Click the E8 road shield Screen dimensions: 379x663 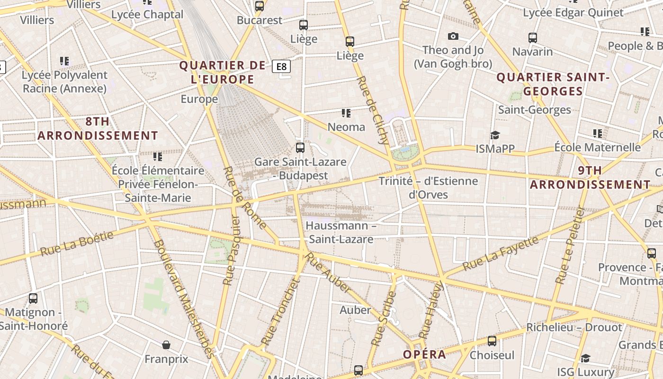[281, 66]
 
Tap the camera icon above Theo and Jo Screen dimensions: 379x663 [453, 36]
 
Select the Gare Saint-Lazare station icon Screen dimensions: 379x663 [300, 148]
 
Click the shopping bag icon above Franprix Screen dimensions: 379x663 [166, 345]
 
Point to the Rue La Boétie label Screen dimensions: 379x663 [77, 244]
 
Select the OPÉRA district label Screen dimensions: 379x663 [424, 354]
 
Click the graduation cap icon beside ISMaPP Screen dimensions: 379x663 [495, 135]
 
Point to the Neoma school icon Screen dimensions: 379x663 [346, 113]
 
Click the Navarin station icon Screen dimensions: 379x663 [533, 37]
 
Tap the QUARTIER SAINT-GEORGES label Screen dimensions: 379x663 [552, 84]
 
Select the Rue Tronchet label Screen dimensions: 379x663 [281, 312]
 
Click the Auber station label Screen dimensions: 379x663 [355, 310]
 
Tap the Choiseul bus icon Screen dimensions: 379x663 [492, 341]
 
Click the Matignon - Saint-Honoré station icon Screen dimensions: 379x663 [33, 298]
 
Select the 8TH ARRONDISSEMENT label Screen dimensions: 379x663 [98, 128]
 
